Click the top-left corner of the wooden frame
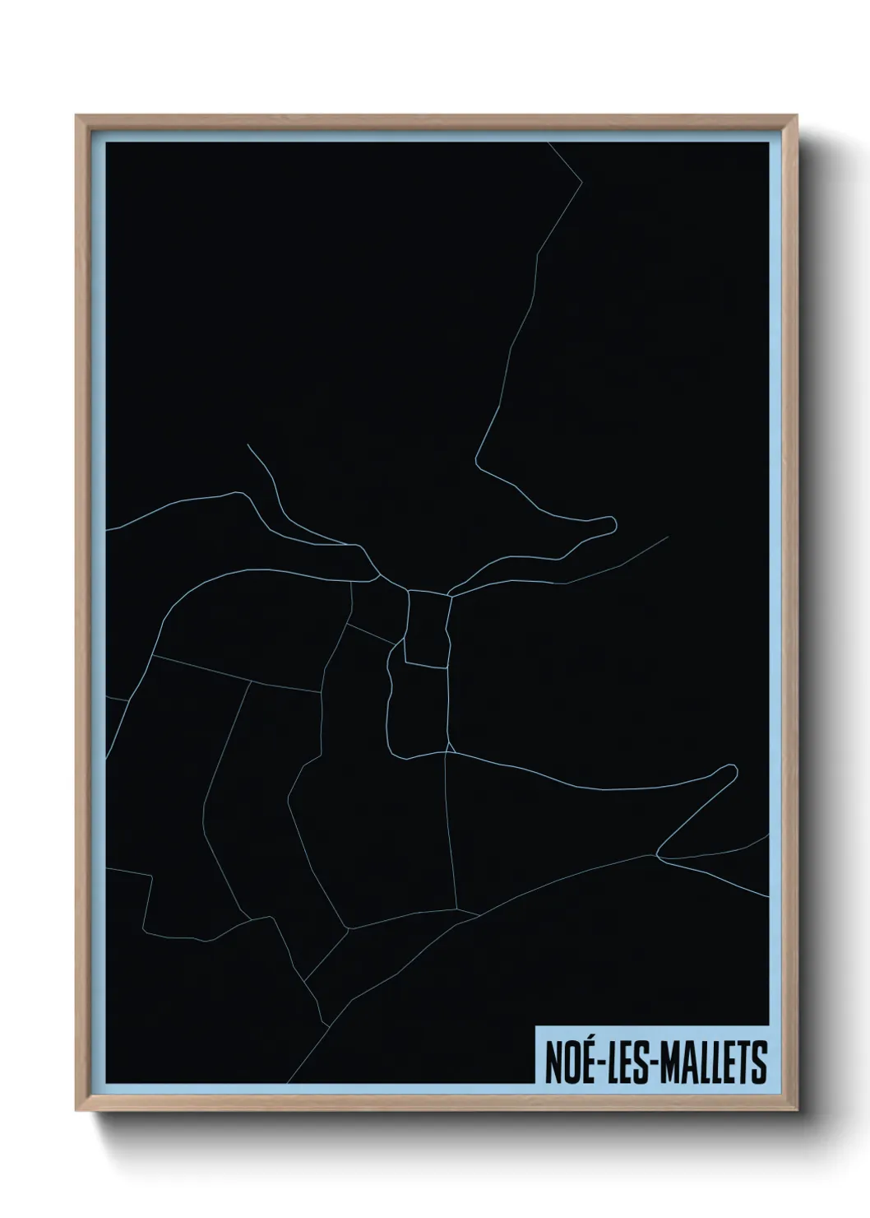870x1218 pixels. point(77,117)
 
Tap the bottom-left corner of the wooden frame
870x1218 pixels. point(77,1110)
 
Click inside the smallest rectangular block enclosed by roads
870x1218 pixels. point(428,629)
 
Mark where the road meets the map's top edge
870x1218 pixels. point(548,143)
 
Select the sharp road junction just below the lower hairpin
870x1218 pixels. point(657,856)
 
